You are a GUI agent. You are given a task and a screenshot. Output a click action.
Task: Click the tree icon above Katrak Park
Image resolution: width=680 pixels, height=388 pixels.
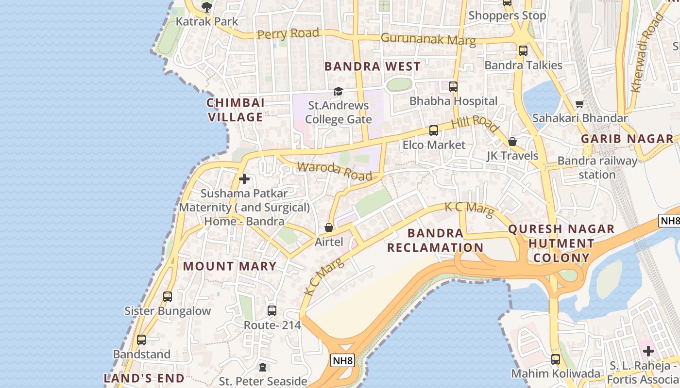(x=207, y=7)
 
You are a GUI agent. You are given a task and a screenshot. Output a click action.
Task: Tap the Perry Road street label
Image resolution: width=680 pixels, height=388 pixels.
(x=288, y=34)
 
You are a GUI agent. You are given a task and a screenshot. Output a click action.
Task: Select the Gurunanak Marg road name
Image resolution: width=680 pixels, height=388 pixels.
(x=428, y=39)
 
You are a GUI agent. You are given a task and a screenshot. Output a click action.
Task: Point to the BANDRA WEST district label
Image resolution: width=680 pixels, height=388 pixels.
(x=373, y=66)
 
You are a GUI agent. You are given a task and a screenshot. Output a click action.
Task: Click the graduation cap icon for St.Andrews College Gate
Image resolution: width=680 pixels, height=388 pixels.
(x=338, y=91)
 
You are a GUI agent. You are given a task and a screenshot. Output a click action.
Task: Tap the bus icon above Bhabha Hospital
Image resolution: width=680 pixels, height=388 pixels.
(x=453, y=87)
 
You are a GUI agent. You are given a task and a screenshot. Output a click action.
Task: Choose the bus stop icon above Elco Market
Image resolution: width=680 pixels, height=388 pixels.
(x=434, y=130)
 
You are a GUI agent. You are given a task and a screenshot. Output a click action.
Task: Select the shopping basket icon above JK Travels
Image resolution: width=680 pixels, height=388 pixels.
(x=512, y=142)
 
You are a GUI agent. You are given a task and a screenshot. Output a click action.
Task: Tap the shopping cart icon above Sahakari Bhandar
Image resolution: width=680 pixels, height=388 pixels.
(x=579, y=104)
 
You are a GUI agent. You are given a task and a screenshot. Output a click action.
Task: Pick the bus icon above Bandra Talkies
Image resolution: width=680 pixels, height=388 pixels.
(x=523, y=50)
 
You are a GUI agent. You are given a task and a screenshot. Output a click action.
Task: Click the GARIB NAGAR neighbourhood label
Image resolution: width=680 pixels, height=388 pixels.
(x=627, y=139)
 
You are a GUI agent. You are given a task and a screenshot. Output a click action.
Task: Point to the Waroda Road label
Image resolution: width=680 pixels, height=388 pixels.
(x=335, y=171)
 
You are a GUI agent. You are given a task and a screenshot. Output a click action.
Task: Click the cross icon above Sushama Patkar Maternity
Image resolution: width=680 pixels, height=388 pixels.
(x=244, y=179)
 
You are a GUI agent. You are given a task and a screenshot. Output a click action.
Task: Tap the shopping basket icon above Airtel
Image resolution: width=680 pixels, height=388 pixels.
(x=329, y=227)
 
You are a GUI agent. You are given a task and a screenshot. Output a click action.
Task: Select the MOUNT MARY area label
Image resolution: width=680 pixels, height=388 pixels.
(x=230, y=266)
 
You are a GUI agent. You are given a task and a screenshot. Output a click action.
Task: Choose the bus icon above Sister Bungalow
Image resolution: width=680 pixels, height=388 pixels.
(x=168, y=296)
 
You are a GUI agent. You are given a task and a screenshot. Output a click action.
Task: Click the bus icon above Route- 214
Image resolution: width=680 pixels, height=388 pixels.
(x=272, y=310)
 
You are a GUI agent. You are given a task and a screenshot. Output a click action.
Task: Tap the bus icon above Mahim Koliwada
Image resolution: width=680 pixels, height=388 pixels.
(x=556, y=359)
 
